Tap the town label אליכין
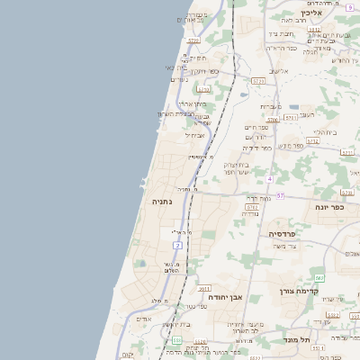coord(311,13)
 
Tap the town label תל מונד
coord(315,340)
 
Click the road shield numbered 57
coord(280,195)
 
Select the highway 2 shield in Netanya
coord(178,245)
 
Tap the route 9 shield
coord(348,6)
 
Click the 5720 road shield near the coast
coord(203,89)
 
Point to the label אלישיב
coord(281,71)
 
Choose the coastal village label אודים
coord(143,319)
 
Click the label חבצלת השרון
coord(176,113)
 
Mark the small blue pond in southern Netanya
coord(139,264)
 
